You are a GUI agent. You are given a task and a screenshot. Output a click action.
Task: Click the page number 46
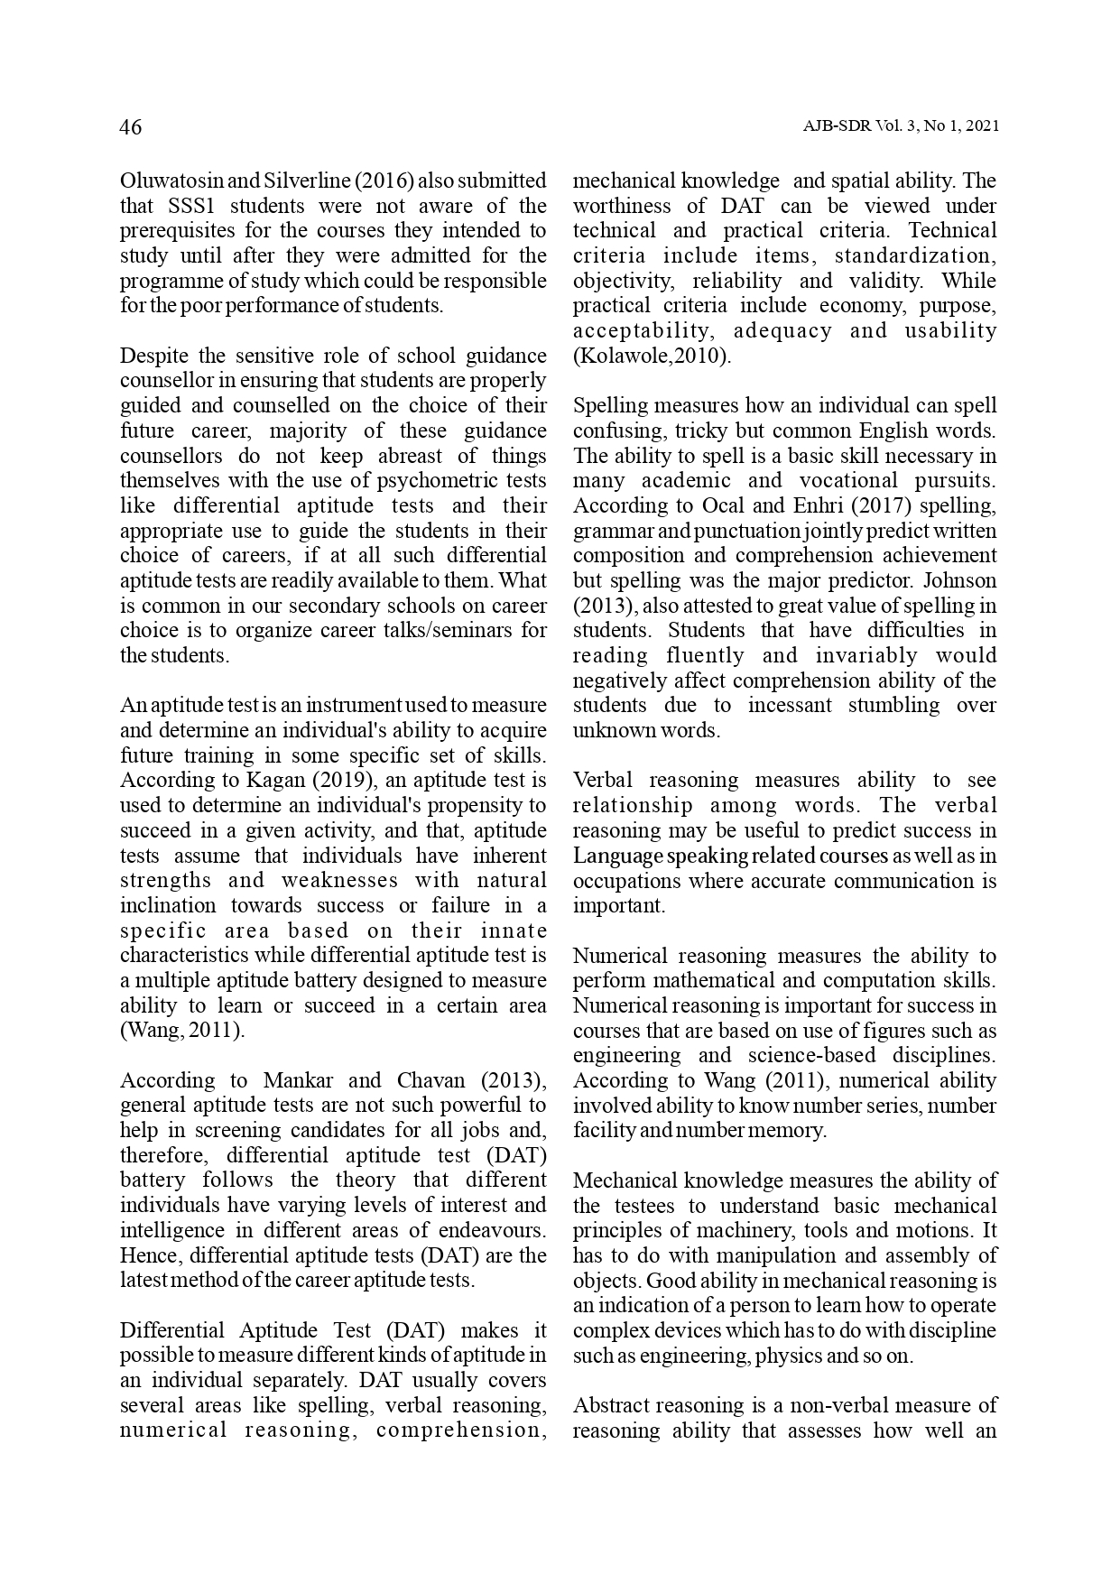(x=131, y=127)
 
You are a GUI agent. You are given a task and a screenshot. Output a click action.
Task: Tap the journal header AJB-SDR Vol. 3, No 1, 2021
(x=900, y=127)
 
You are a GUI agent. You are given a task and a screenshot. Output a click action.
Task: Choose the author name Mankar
(x=297, y=1081)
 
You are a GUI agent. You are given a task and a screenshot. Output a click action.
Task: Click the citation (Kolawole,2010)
(x=652, y=356)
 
